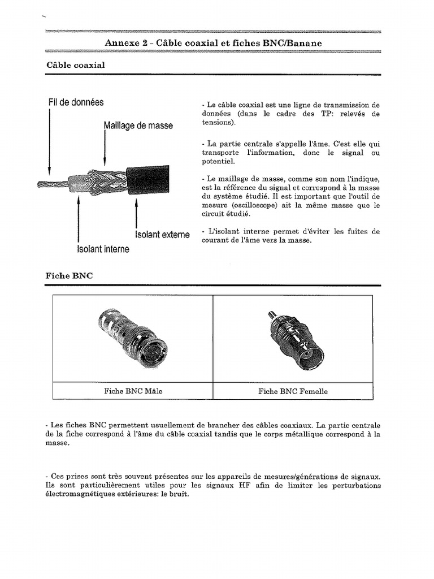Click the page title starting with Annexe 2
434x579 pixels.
214,44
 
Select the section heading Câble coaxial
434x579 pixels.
76,66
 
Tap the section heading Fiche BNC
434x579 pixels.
69,276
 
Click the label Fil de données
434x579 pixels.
76,102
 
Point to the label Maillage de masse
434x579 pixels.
138,126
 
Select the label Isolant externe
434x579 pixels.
162,235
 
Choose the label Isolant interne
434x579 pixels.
103,249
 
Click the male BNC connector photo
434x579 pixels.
132,339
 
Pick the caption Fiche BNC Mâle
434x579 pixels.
133,391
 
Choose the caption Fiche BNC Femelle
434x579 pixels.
293,391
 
